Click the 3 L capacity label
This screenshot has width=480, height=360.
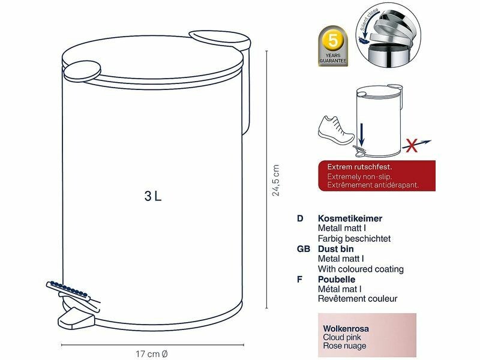pos(153,196)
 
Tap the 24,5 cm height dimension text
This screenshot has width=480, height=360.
pos(276,180)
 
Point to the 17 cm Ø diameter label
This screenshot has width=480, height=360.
pos(152,354)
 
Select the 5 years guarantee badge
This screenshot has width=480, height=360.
pos(333,46)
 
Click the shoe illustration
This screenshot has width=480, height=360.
pos(336,131)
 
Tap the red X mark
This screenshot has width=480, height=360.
pos(412,145)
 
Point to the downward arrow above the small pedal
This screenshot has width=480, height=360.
pos(362,134)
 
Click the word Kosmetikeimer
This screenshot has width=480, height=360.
pos(350,218)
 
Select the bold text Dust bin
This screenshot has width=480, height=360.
pos(335,248)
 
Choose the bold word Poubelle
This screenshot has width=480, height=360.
pos(337,279)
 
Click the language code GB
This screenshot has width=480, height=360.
pos(304,249)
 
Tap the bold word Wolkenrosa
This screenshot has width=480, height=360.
pos(346,329)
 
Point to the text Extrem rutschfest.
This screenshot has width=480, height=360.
pos(359,167)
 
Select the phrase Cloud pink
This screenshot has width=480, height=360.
pos(341,337)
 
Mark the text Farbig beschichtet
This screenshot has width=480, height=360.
pos(354,238)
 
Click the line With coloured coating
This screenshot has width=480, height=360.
pos(361,269)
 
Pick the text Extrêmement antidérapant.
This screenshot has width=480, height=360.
pos(373,185)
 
